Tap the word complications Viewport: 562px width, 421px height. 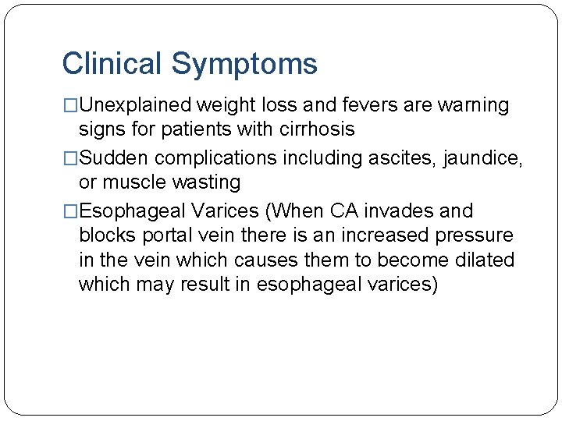[215, 158]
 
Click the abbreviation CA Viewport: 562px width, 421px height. [346, 211]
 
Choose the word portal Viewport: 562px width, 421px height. [166, 235]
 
